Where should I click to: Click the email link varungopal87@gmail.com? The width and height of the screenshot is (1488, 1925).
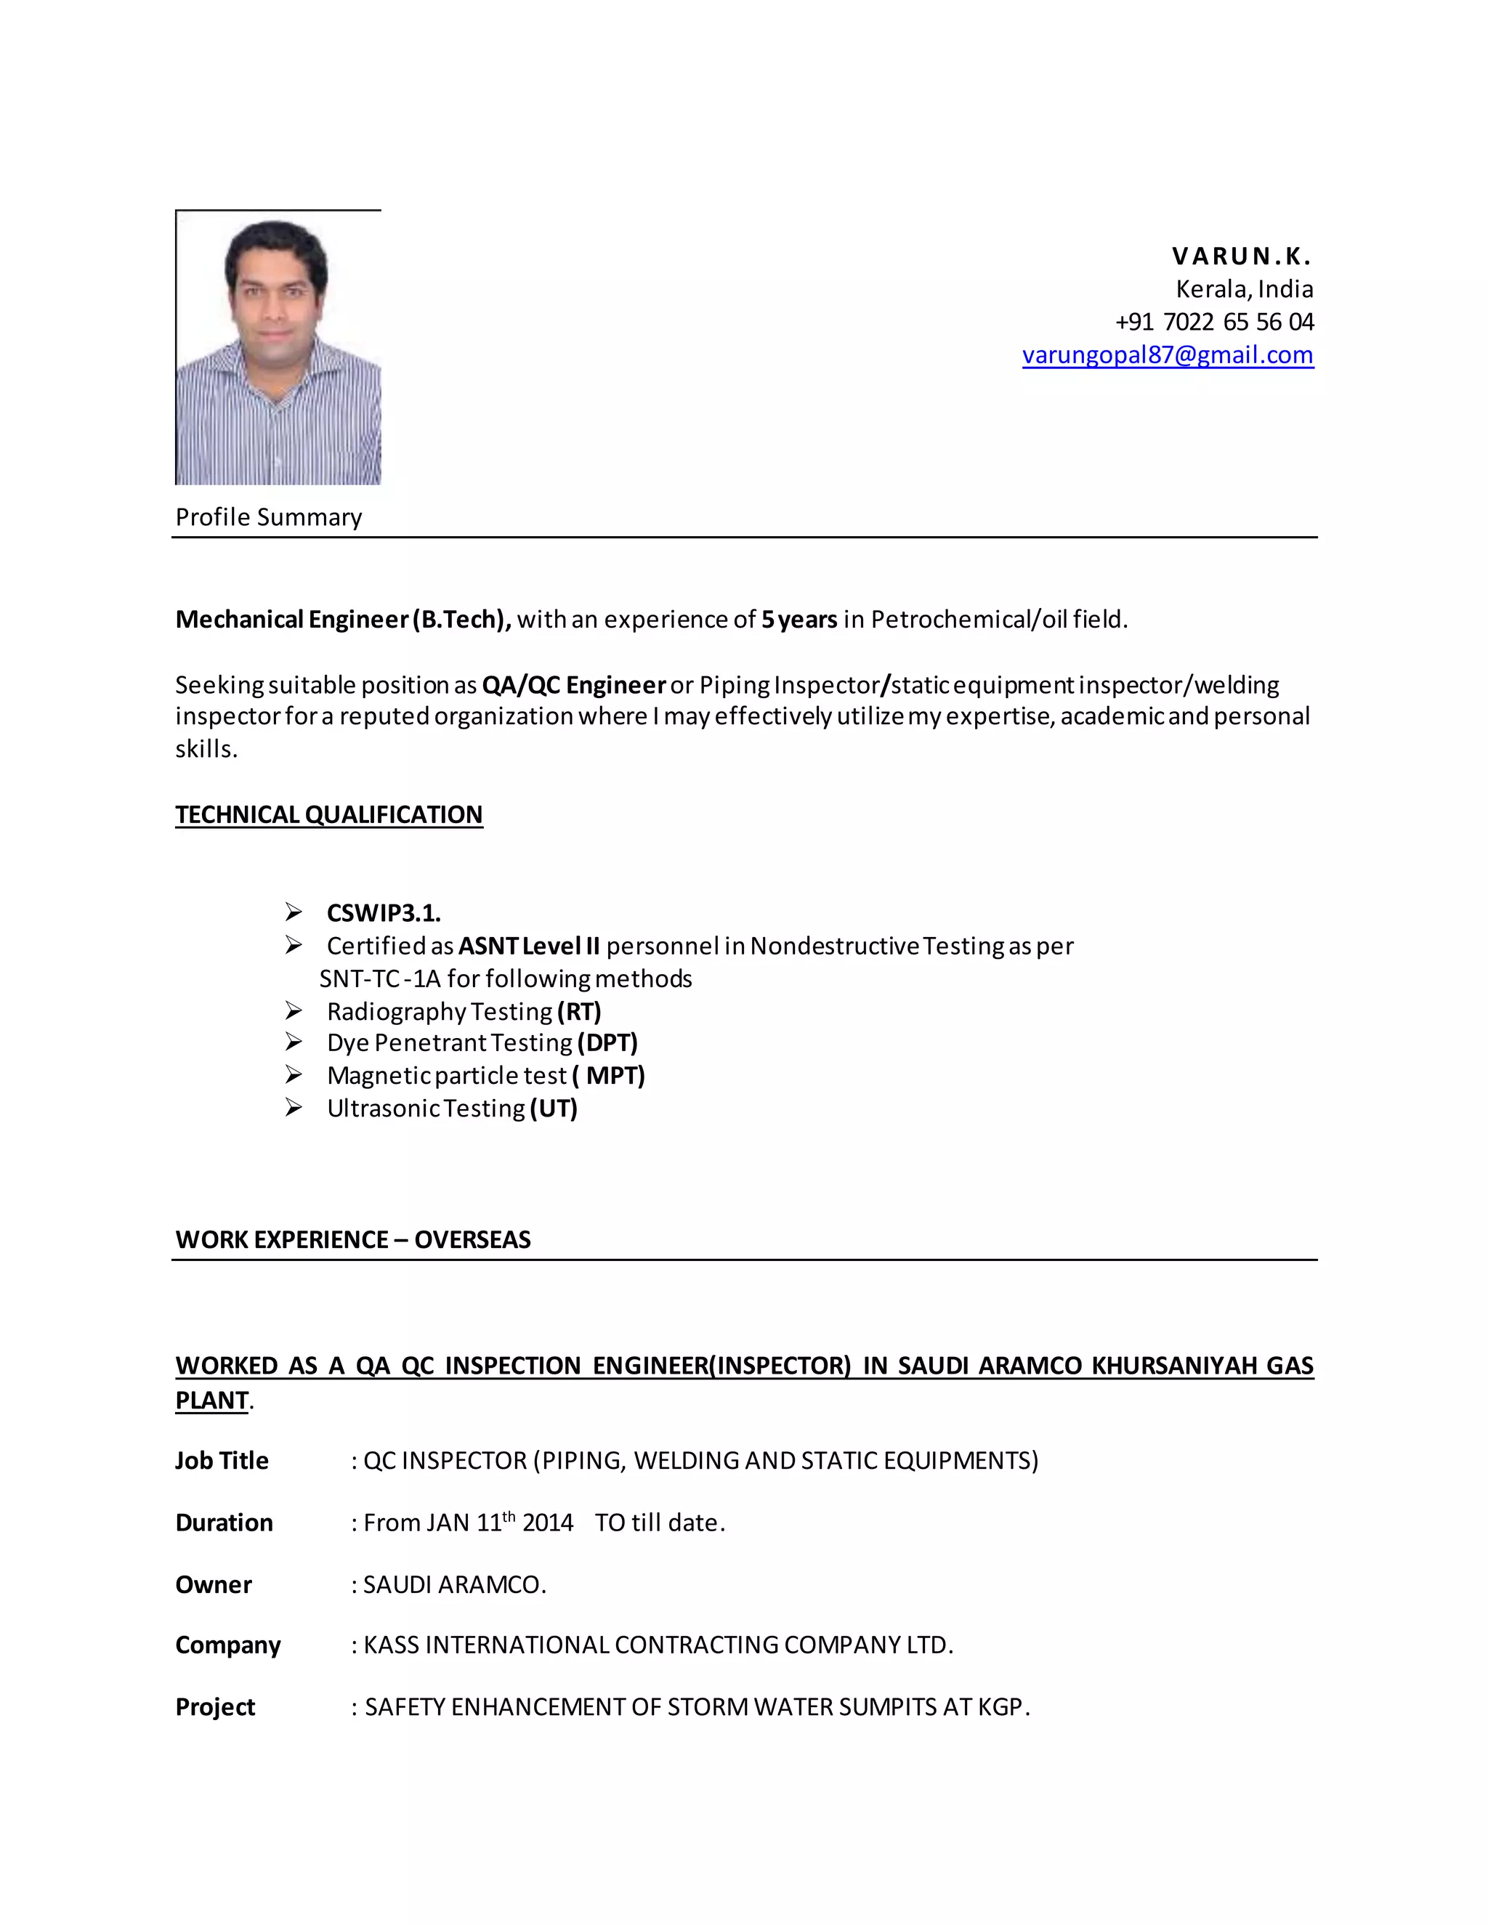1167,354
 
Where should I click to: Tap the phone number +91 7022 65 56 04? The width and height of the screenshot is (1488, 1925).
1214,322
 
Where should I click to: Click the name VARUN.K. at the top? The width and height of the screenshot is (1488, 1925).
1241,256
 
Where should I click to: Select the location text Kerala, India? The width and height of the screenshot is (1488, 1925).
1244,289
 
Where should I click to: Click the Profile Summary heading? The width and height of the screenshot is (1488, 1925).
269,517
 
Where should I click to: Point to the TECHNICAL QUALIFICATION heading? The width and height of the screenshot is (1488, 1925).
329,814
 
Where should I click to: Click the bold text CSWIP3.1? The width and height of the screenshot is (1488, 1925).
384,912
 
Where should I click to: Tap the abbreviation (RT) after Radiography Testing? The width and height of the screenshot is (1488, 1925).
579,1011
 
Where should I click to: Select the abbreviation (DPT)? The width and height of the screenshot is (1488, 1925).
607,1042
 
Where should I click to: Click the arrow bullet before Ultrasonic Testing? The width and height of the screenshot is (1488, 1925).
294,1107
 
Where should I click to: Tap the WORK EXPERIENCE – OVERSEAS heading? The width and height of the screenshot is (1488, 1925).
352,1239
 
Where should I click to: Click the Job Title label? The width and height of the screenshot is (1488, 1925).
222,1461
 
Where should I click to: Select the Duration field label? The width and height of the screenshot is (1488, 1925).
224,1523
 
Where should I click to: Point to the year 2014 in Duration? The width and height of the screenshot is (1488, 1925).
547,1523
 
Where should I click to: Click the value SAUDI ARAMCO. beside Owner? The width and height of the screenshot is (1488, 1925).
455,1585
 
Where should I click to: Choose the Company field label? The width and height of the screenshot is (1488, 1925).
227,1645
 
